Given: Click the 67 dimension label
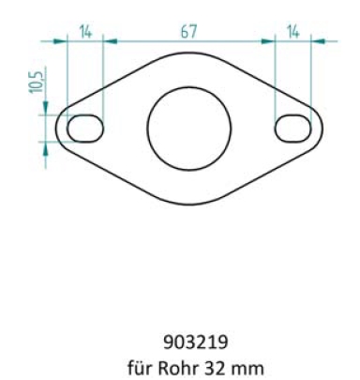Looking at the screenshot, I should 188,32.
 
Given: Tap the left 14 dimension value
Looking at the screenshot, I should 85,32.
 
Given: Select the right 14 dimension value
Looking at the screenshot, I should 292,32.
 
